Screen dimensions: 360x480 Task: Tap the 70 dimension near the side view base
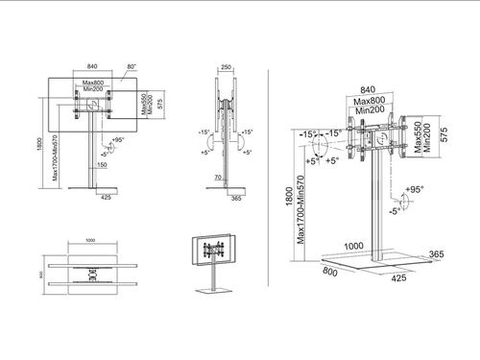220,178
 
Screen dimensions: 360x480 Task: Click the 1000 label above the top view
91,242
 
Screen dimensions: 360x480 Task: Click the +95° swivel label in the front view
118,141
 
